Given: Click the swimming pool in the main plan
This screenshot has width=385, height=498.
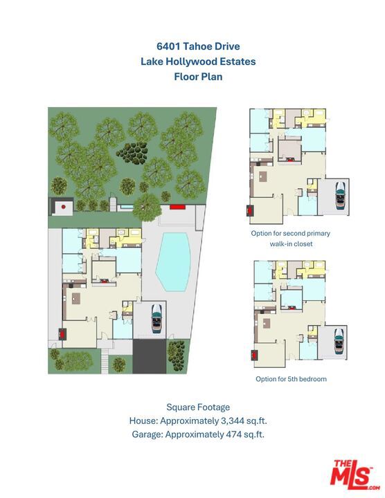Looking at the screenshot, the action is [173, 261].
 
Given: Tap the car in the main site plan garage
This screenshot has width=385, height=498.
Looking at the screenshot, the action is [156, 319].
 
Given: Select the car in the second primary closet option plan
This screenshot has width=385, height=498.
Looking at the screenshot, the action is [340, 195].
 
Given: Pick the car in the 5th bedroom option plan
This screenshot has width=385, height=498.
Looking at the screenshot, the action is [339, 342].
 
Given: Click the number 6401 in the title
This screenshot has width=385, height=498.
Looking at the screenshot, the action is [168, 46].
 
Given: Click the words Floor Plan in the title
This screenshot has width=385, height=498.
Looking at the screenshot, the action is [198, 77].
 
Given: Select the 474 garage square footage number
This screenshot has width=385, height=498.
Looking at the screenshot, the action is [233, 434].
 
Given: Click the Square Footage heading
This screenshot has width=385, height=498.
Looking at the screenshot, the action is [198, 407].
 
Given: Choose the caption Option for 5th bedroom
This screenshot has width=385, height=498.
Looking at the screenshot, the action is [291, 379].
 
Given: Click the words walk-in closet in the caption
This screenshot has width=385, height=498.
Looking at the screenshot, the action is [291, 244].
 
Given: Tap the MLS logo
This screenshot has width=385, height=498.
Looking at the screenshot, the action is [355, 475].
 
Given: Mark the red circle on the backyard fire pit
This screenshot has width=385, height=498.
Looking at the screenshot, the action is [63, 207].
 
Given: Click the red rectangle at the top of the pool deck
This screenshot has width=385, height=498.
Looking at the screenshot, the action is [177, 207].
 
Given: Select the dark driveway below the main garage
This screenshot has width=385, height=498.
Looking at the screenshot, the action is [149, 356].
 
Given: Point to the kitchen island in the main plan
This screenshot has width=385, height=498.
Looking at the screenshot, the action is [76, 299].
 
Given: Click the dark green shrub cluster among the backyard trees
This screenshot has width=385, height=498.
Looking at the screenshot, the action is [132, 152].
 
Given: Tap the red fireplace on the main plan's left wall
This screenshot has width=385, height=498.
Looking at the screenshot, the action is [62, 334].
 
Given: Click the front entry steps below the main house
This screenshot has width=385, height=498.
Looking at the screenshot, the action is [105, 361].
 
